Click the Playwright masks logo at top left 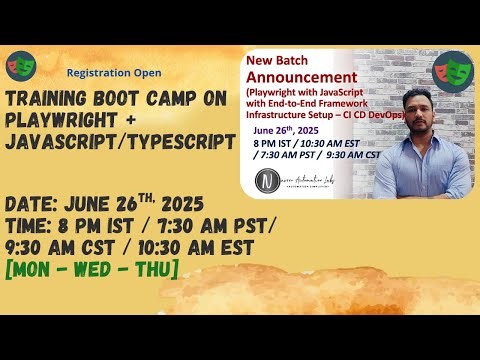(20, 66)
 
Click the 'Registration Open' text (113, 73)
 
